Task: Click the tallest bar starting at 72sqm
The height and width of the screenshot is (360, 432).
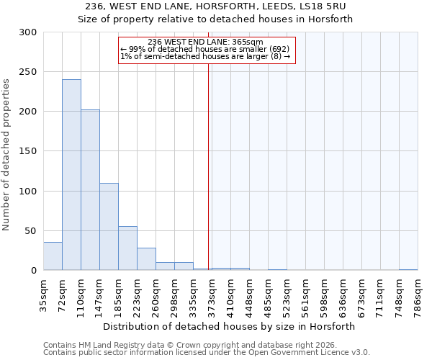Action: point(71,175)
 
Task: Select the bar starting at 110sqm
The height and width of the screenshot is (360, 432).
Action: point(90,190)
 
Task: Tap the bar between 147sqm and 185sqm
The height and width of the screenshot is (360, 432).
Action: point(109,227)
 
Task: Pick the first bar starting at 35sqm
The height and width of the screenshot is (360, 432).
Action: point(53,256)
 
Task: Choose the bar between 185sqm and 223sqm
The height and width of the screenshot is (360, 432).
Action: point(127,248)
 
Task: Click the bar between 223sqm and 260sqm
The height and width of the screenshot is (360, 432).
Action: point(146,259)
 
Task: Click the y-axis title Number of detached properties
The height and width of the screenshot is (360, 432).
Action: point(7,151)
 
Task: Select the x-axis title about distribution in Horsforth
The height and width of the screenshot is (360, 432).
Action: point(229,326)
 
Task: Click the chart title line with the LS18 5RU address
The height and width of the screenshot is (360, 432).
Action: point(215,6)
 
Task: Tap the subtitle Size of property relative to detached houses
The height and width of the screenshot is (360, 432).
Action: point(215,19)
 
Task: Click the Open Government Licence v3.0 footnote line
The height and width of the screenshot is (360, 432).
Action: point(206,353)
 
